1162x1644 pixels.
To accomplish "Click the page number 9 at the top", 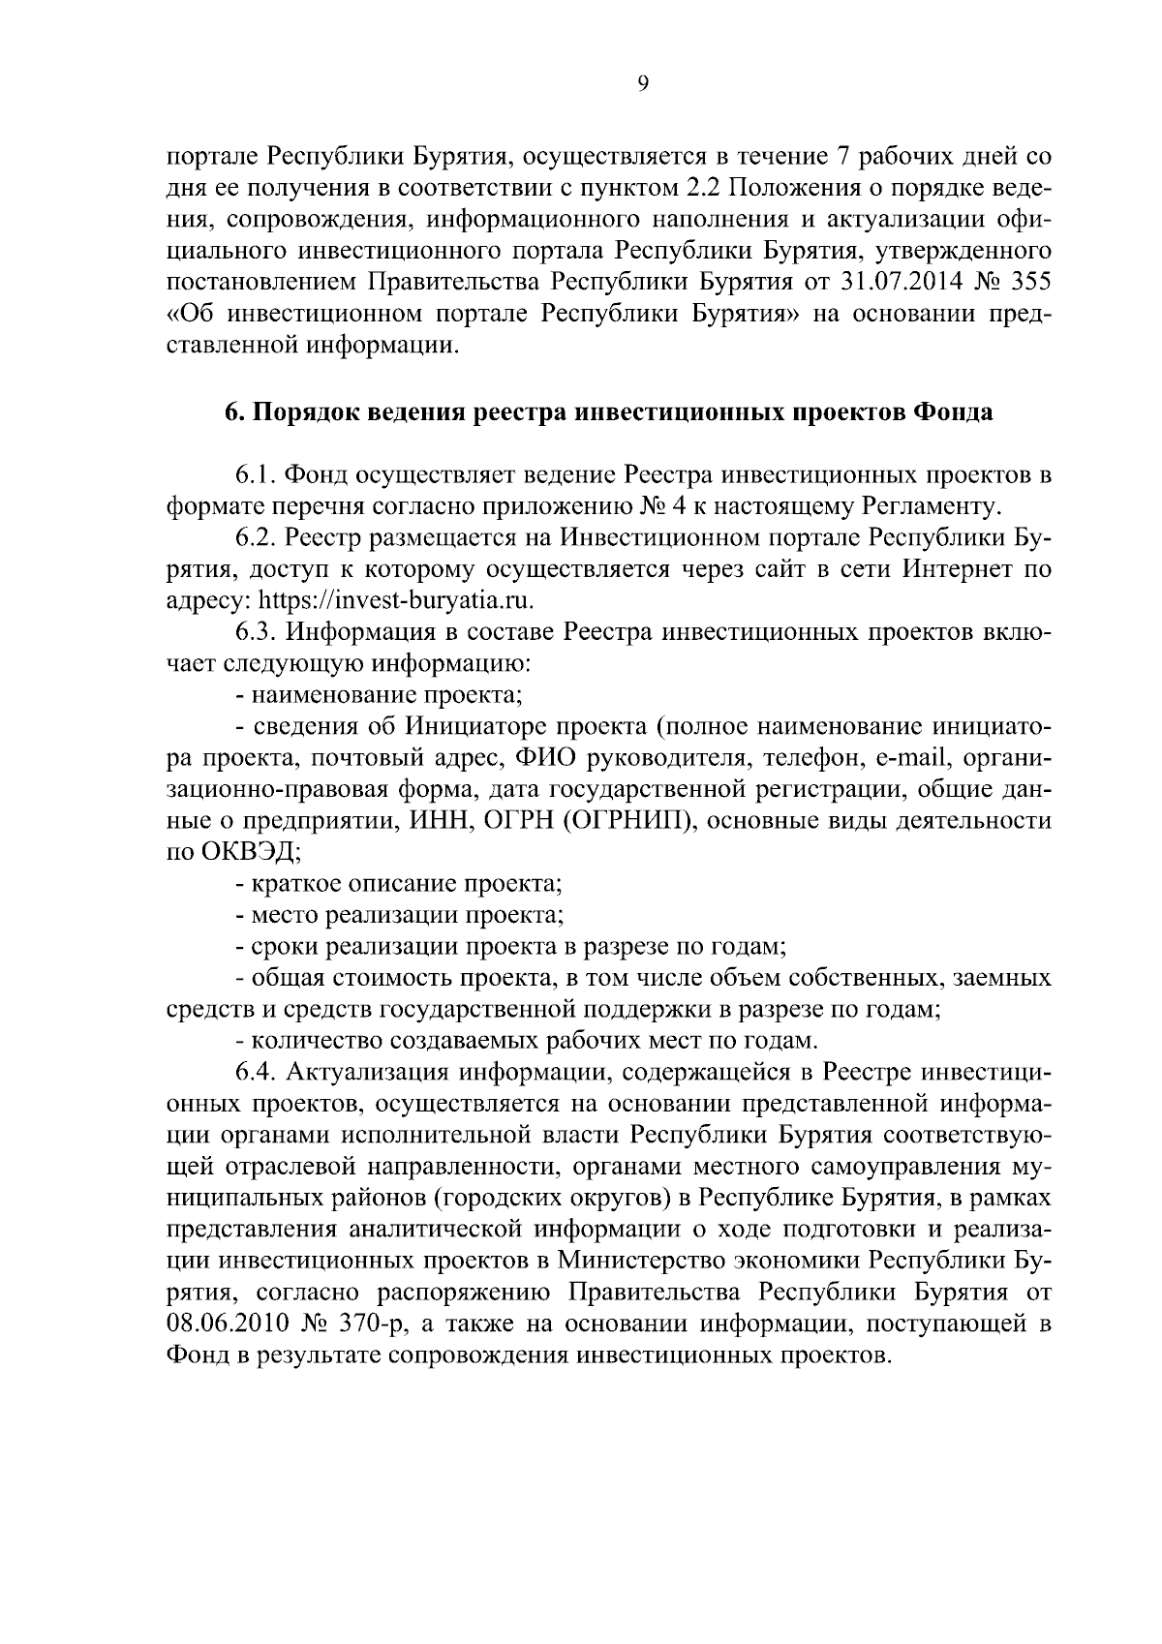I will [644, 84].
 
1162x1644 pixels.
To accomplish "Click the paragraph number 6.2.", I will [257, 537].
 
